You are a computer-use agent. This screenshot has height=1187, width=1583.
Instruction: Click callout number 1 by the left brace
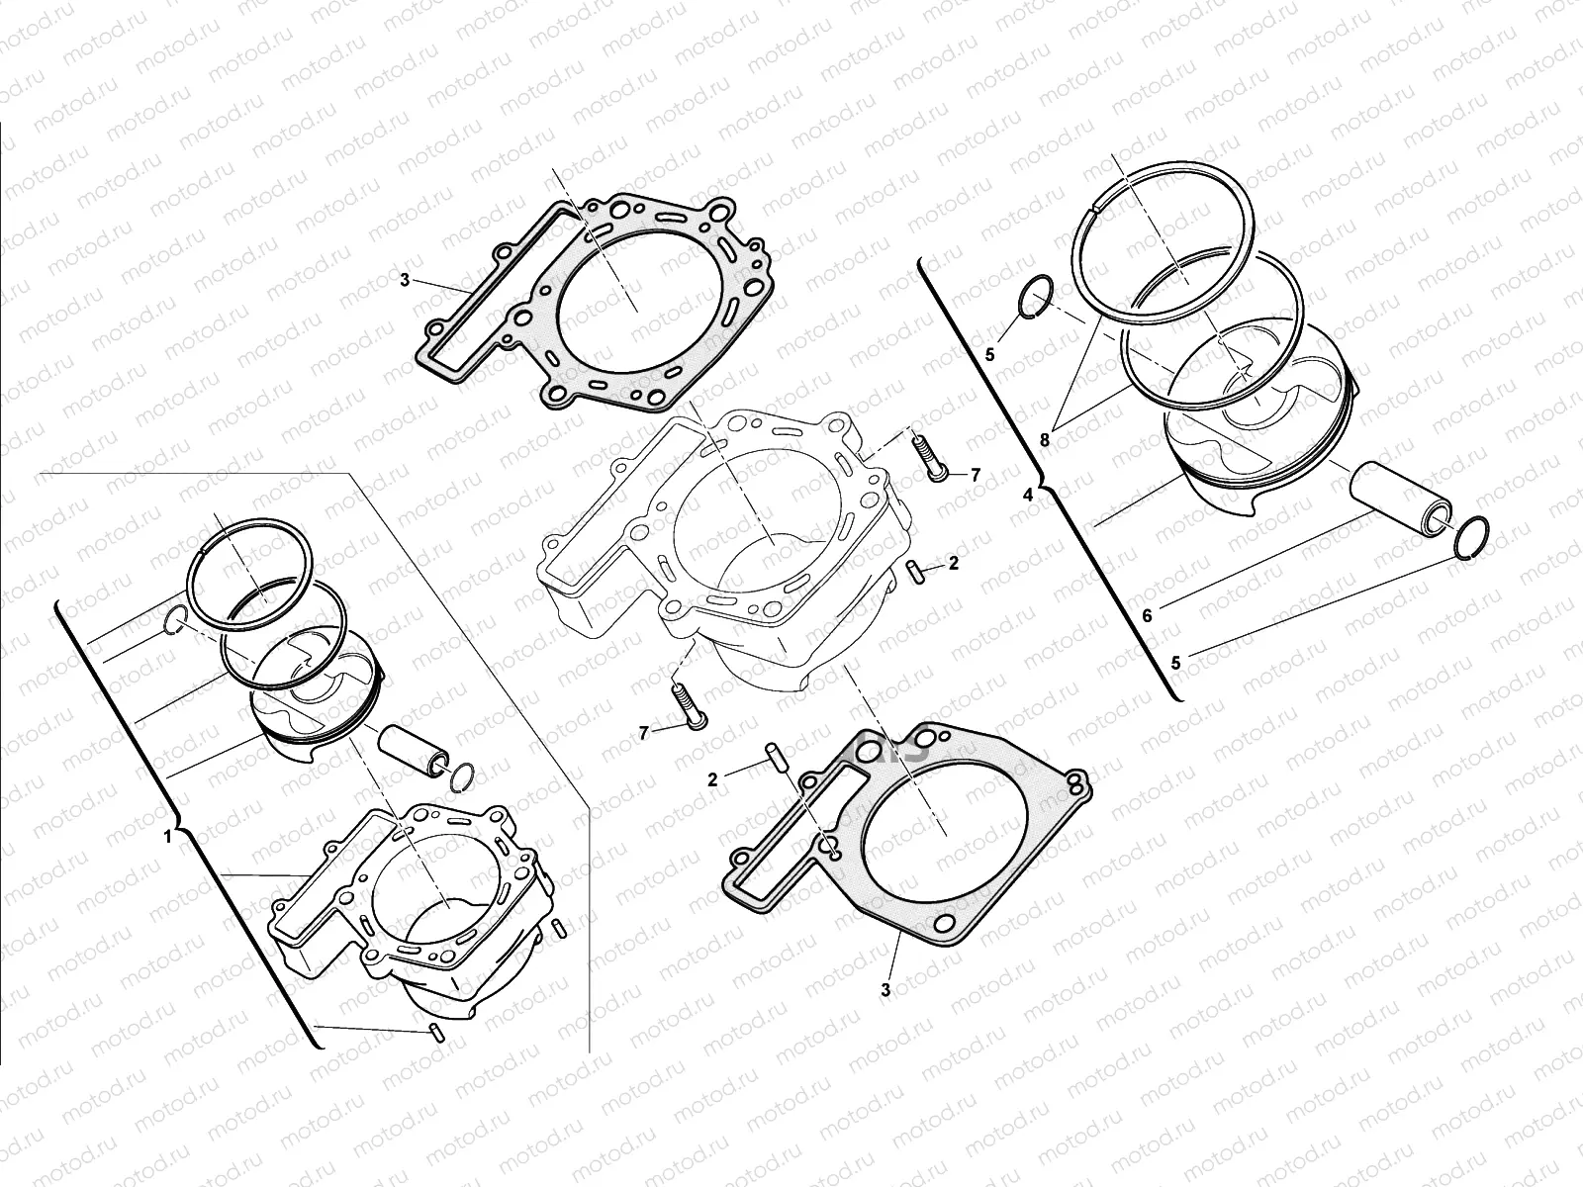click(x=167, y=837)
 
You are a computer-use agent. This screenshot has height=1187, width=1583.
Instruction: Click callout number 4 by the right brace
click(x=1027, y=495)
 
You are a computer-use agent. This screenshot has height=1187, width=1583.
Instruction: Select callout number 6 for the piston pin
click(x=1147, y=616)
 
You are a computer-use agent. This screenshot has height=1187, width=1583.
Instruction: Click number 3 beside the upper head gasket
click(x=404, y=280)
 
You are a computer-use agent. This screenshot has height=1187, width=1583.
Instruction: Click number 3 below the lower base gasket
click(x=885, y=988)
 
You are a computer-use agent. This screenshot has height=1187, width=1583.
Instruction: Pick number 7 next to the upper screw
click(x=975, y=475)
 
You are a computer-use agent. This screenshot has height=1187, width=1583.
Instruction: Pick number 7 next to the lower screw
click(x=643, y=732)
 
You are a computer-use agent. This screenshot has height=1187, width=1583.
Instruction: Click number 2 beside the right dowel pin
click(x=953, y=564)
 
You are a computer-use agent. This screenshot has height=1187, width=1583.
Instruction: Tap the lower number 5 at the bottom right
click(x=1175, y=663)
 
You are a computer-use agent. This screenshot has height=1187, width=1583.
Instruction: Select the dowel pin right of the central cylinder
click(x=915, y=571)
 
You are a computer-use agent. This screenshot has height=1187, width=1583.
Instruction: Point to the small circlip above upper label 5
click(x=1037, y=299)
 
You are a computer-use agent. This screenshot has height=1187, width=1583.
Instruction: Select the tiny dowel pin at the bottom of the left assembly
click(x=436, y=1035)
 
